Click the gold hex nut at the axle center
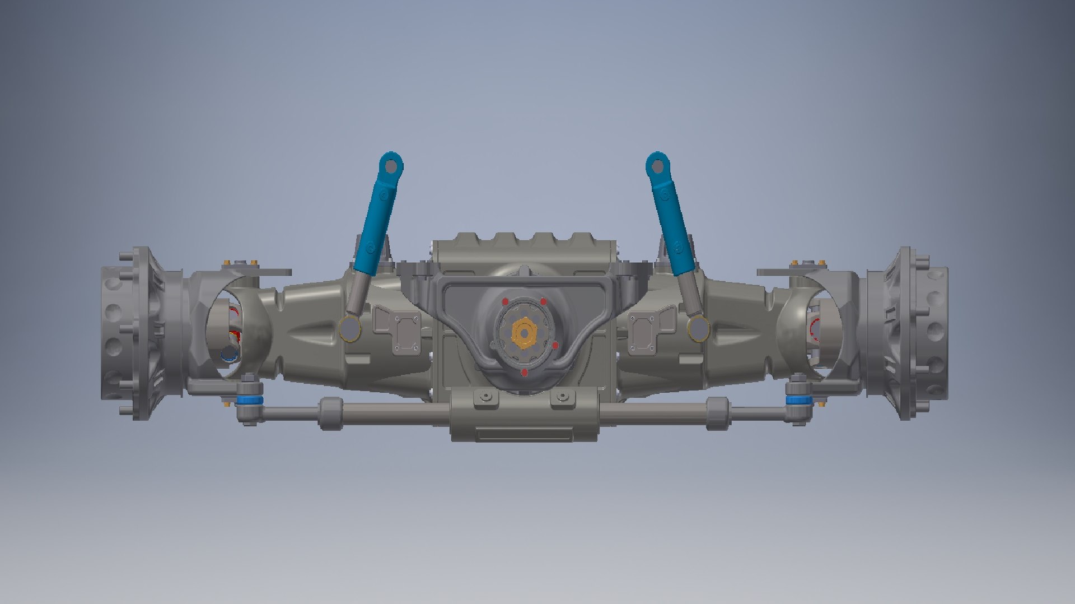[524, 334]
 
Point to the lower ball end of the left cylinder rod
[349, 328]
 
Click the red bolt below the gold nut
[524, 372]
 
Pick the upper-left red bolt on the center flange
[505, 301]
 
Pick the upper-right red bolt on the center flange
[543, 301]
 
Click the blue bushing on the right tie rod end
[798, 400]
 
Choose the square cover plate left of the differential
[406, 333]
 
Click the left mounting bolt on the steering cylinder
[485, 397]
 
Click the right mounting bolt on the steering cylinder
[562, 397]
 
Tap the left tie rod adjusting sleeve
[330, 413]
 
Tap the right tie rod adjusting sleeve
[717, 413]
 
